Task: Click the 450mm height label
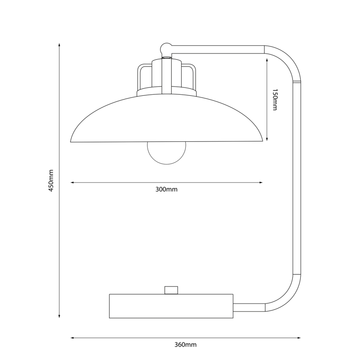tap(51, 180)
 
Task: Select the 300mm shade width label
tap(166, 190)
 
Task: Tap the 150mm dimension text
tap(274, 100)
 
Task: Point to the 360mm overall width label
tap(185, 345)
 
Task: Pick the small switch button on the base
tap(171, 290)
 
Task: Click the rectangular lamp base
tap(171, 306)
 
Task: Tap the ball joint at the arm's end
tap(166, 48)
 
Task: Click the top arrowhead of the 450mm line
tap(59, 45)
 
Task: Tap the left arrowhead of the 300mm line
tap(73, 182)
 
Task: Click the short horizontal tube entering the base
tap(249, 307)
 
